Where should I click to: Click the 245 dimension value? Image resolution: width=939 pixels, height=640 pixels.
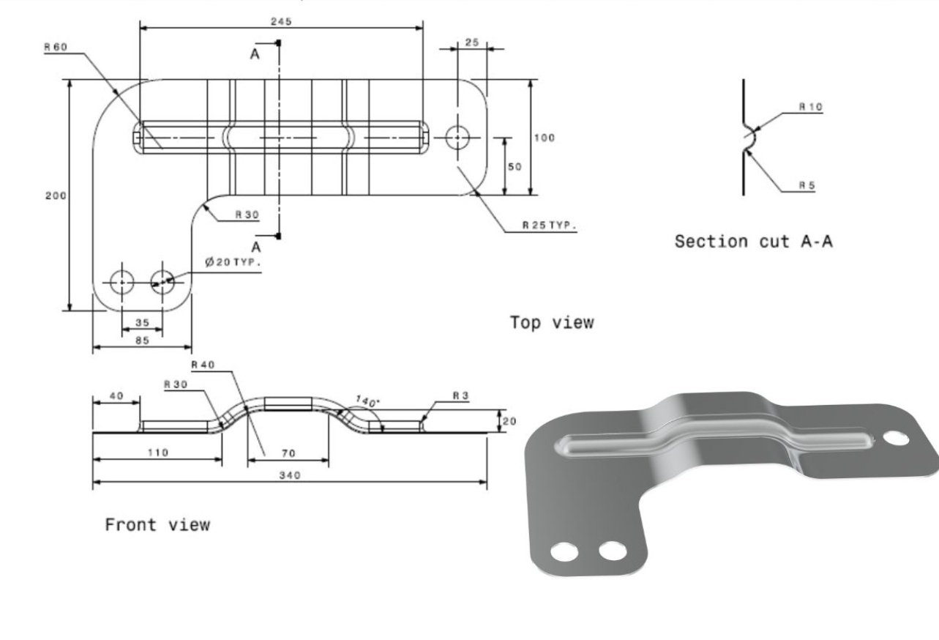pos(280,21)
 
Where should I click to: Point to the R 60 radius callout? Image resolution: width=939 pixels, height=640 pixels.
pos(55,48)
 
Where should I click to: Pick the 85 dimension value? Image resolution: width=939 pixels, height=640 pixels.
pos(142,340)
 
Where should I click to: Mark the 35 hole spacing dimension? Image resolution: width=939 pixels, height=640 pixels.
pos(142,322)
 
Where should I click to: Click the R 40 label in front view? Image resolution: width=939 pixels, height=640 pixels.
pos(203,365)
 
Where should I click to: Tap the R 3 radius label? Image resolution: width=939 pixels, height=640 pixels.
pos(460,395)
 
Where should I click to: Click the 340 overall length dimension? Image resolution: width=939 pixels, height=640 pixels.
pos(291,475)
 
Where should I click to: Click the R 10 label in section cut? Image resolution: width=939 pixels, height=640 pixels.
pos(810,107)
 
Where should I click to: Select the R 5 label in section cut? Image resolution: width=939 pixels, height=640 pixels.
pos(807,185)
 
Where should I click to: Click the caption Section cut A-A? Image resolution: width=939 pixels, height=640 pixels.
pos(753,242)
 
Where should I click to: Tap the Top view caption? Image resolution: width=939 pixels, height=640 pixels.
pos(552,322)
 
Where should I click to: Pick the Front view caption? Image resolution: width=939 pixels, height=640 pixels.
pos(157,524)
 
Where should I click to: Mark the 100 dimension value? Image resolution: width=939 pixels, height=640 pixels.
pos(545,138)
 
